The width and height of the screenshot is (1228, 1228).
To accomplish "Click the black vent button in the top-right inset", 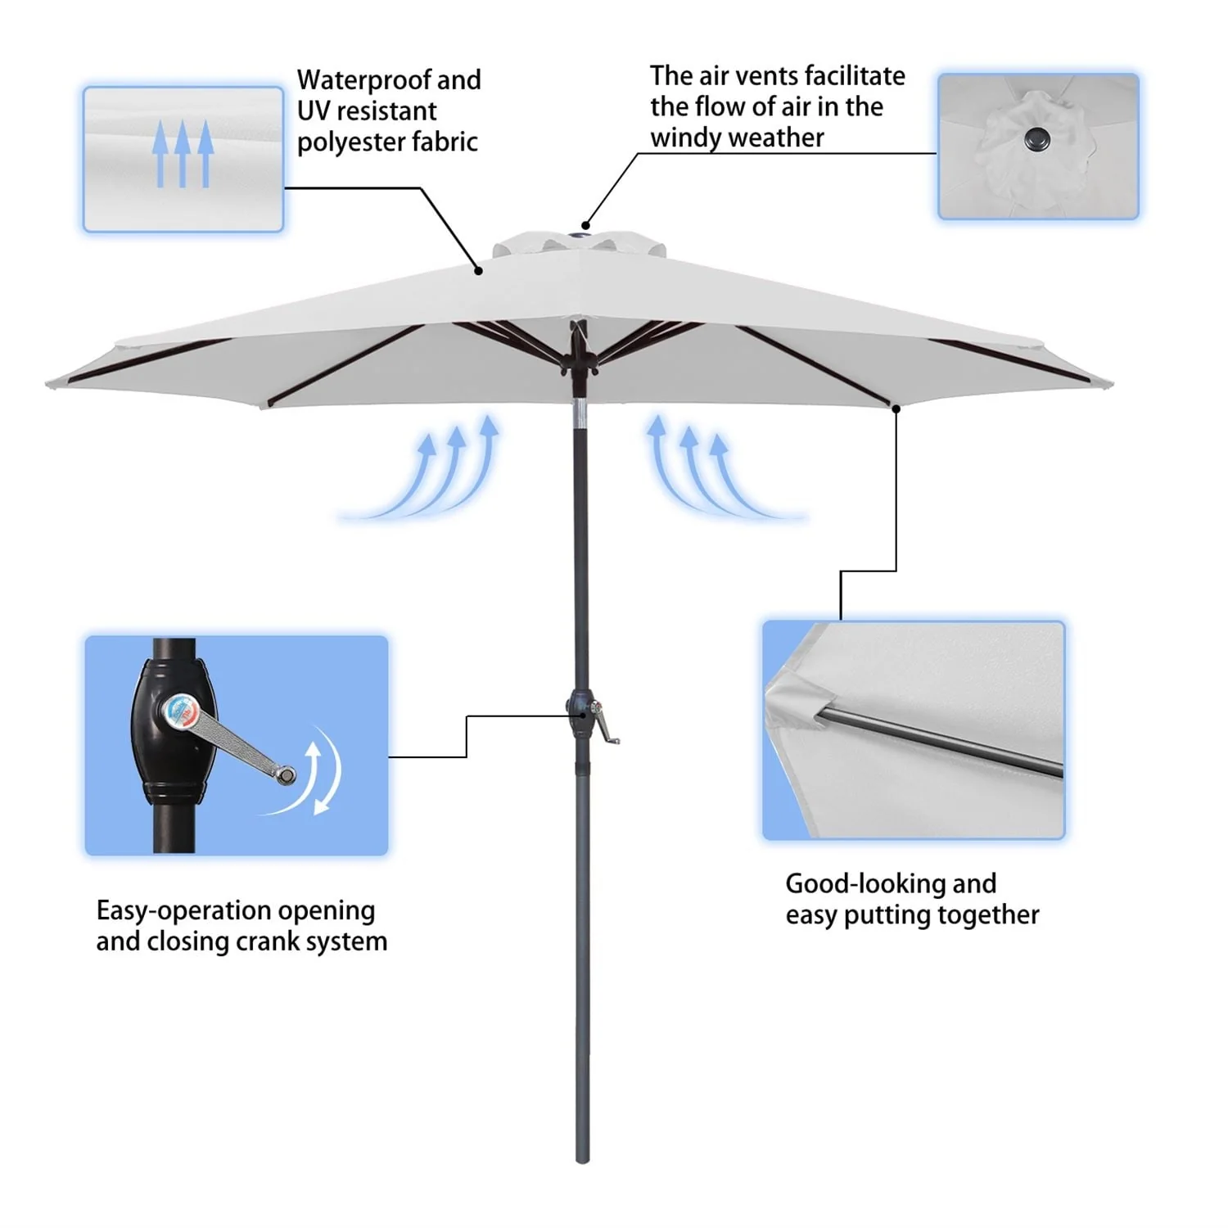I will [1037, 139].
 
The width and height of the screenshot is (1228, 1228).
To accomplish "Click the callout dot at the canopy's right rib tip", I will [896, 409].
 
